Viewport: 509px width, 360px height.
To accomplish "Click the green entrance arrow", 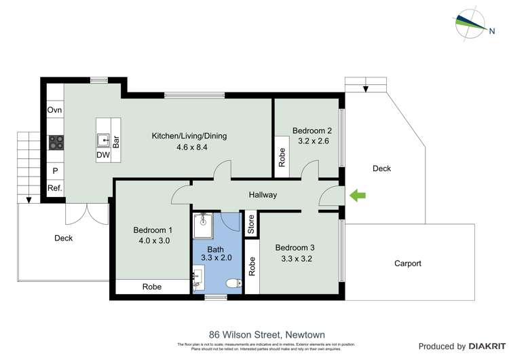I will click(x=358, y=196).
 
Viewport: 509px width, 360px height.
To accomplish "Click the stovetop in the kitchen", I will click(x=56, y=143).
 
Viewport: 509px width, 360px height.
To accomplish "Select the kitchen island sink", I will click(x=104, y=141).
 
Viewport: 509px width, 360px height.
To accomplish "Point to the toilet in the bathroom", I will click(x=231, y=283).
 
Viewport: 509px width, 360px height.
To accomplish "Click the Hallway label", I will click(x=263, y=195).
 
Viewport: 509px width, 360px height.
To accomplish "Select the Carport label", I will click(x=407, y=264).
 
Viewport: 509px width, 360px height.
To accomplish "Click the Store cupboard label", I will click(x=250, y=224).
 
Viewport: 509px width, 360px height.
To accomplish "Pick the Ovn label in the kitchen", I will click(x=55, y=110).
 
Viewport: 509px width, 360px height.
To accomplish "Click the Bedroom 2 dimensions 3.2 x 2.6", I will click(x=312, y=141).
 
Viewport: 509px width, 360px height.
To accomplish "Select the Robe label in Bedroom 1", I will click(x=152, y=287).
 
